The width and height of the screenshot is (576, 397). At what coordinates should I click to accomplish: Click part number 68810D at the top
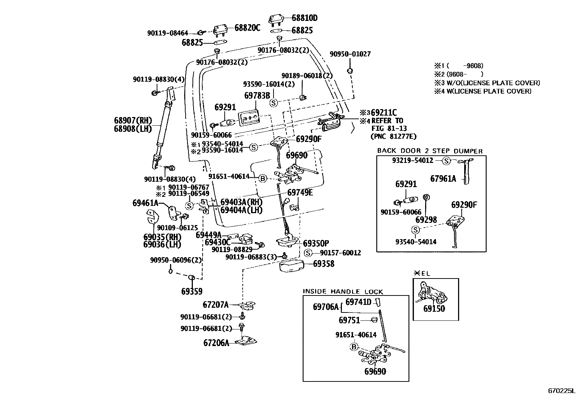point(304,18)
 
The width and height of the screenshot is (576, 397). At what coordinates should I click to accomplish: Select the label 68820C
point(247,28)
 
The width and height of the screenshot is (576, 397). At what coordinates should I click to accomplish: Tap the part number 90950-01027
point(350,54)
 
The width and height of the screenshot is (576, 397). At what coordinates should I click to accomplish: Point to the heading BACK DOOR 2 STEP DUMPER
point(430,151)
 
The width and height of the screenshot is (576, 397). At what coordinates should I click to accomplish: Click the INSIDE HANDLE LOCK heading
point(343,292)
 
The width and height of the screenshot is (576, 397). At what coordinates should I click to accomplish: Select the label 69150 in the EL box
point(434,308)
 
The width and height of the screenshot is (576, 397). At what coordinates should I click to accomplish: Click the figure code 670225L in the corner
point(562,390)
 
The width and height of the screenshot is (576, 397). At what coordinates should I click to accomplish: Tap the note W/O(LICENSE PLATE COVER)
point(493,83)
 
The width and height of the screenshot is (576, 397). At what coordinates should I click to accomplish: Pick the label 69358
point(323,264)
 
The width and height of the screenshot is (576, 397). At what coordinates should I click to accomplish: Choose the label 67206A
point(216,343)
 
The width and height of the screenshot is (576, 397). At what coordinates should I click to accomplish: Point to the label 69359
point(192,292)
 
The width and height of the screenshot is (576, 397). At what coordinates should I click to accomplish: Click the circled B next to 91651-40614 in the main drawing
point(263,178)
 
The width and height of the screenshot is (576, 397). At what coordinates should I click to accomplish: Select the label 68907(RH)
point(133,120)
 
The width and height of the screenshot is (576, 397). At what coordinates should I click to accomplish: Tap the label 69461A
point(145,203)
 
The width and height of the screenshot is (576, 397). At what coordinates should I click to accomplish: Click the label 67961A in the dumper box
point(443,179)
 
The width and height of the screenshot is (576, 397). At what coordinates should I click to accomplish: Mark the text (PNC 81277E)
point(393,136)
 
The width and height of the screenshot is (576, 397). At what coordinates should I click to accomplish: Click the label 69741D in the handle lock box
point(359,302)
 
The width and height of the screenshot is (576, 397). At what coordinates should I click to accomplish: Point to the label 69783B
point(257,95)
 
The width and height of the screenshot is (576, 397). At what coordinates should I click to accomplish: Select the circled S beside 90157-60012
point(308,253)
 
